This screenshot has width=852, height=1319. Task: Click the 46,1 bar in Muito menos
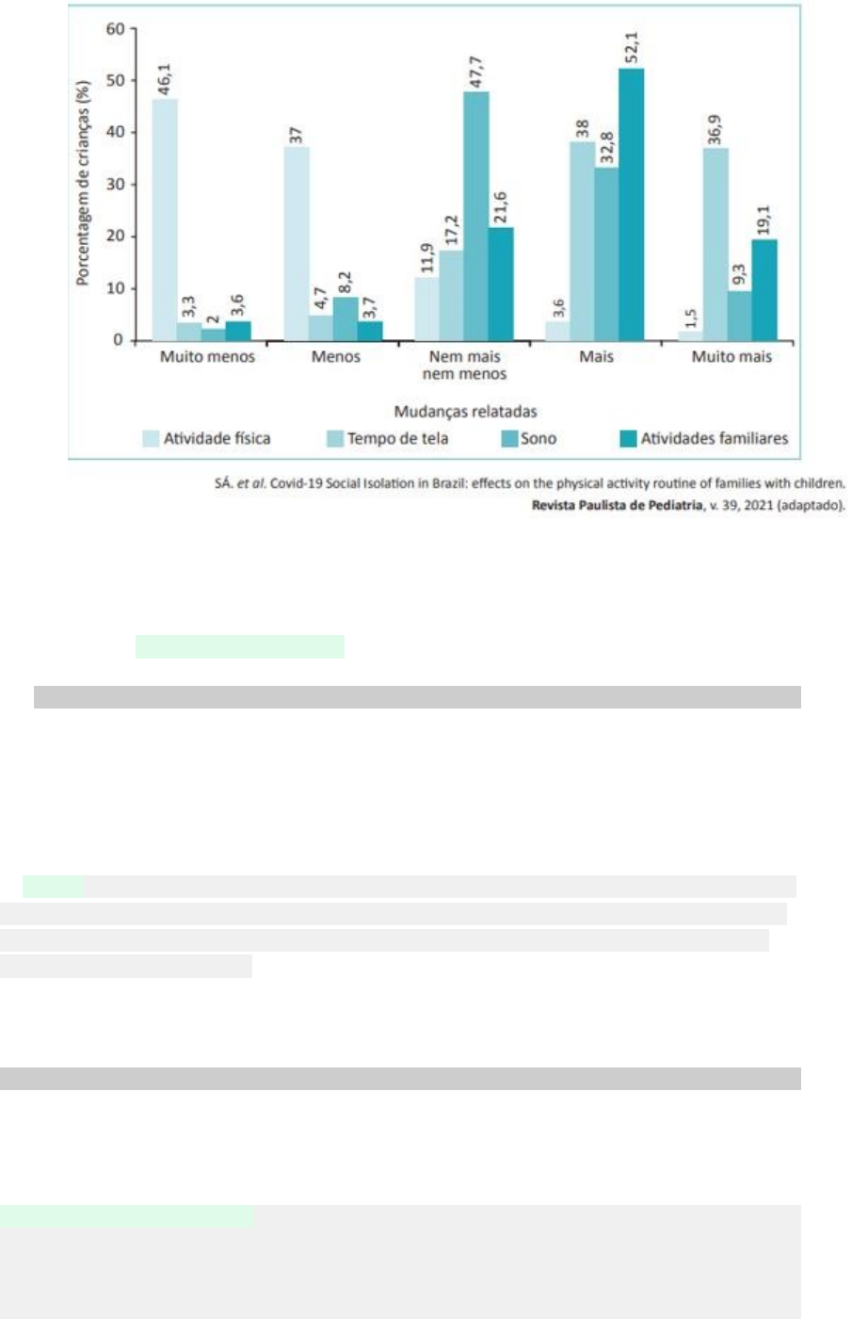pos(165,220)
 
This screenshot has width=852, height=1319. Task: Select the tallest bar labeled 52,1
pos(632,204)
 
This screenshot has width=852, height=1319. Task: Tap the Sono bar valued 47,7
pos(476,216)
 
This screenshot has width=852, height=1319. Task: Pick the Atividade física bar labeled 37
pos(297,244)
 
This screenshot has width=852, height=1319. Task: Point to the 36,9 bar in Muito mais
pos(715,244)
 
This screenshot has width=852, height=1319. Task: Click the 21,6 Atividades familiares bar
pos(501,285)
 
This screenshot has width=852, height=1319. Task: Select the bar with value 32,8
pos(606,254)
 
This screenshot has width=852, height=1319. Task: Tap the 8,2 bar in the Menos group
pos(346,319)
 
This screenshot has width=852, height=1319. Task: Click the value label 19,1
pos(764,220)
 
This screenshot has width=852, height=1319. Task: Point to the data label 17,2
pos(451,230)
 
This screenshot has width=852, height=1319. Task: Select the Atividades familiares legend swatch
pos(629,439)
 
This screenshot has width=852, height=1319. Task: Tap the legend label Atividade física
pos(217,439)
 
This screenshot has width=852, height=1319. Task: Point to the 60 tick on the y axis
pos(115,28)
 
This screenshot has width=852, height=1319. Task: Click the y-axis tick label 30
pos(115,185)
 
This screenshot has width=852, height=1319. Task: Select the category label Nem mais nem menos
pos(464,366)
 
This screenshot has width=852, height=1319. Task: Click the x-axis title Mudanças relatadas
pos(465,412)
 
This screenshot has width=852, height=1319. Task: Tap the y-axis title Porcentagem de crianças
pos(83,183)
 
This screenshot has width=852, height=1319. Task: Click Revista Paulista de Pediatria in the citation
pos(618,505)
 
